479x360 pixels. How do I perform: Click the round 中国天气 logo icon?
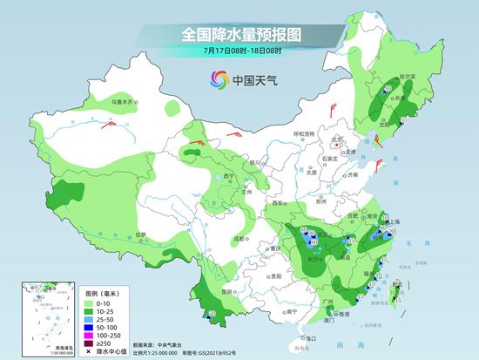(214, 80)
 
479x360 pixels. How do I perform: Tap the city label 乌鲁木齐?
(123, 103)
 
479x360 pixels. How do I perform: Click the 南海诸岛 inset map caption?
(40, 346)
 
